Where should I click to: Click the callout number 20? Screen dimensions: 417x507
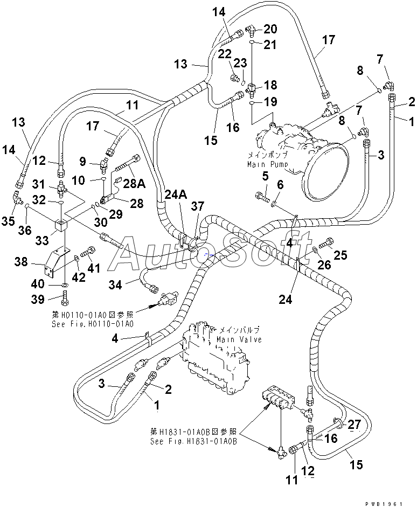tap(270, 29)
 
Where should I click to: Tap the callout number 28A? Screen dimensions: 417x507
tap(134, 183)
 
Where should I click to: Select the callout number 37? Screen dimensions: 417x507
tap(198, 206)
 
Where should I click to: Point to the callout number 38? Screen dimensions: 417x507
tap(22, 262)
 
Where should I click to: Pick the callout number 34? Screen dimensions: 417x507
tap(115, 285)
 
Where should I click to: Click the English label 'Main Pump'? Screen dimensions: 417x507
tap(268, 164)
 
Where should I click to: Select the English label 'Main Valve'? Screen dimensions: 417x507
tap(239, 339)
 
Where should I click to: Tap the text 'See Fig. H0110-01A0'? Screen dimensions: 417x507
tap(93, 324)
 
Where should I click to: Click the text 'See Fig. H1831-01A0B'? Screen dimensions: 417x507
tap(193, 441)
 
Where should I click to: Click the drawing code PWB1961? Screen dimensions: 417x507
tap(384, 504)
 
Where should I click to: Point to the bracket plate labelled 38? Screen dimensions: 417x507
tap(57, 261)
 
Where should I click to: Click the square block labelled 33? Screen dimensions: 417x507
tap(60, 225)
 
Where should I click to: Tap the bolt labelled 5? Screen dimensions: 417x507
tap(262, 197)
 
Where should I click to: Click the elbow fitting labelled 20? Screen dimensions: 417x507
tap(251, 30)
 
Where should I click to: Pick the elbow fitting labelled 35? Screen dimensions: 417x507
tap(17, 198)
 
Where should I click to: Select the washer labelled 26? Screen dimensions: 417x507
tap(315, 249)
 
